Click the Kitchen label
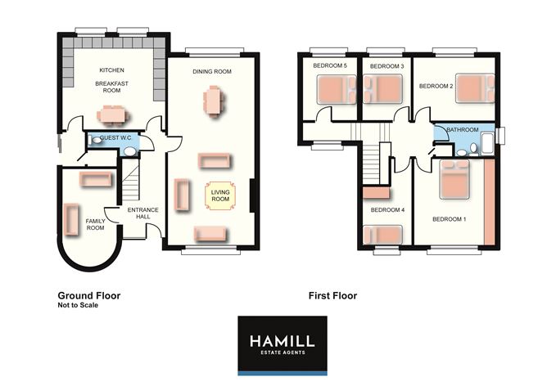click(111, 70)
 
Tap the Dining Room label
click(212, 71)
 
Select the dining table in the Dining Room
click(213, 101)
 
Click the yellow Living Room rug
click(220, 195)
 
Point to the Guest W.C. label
click(115, 138)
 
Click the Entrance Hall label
click(142, 213)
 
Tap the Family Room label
click(95, 224)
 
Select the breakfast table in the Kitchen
click(112, 115)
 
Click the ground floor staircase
click(130, 182)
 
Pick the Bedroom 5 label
click(330, 65)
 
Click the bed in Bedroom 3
click(382, 89)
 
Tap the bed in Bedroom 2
click(475, 88)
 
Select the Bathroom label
click(463, 129)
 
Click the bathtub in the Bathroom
click(488, 145)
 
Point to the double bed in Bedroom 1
click(454, 179)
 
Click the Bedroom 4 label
click(387, 209)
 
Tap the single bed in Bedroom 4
click(382, 235)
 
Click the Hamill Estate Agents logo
click(283, 346)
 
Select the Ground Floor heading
click(89, 296)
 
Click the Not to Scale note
click(78, 305)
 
